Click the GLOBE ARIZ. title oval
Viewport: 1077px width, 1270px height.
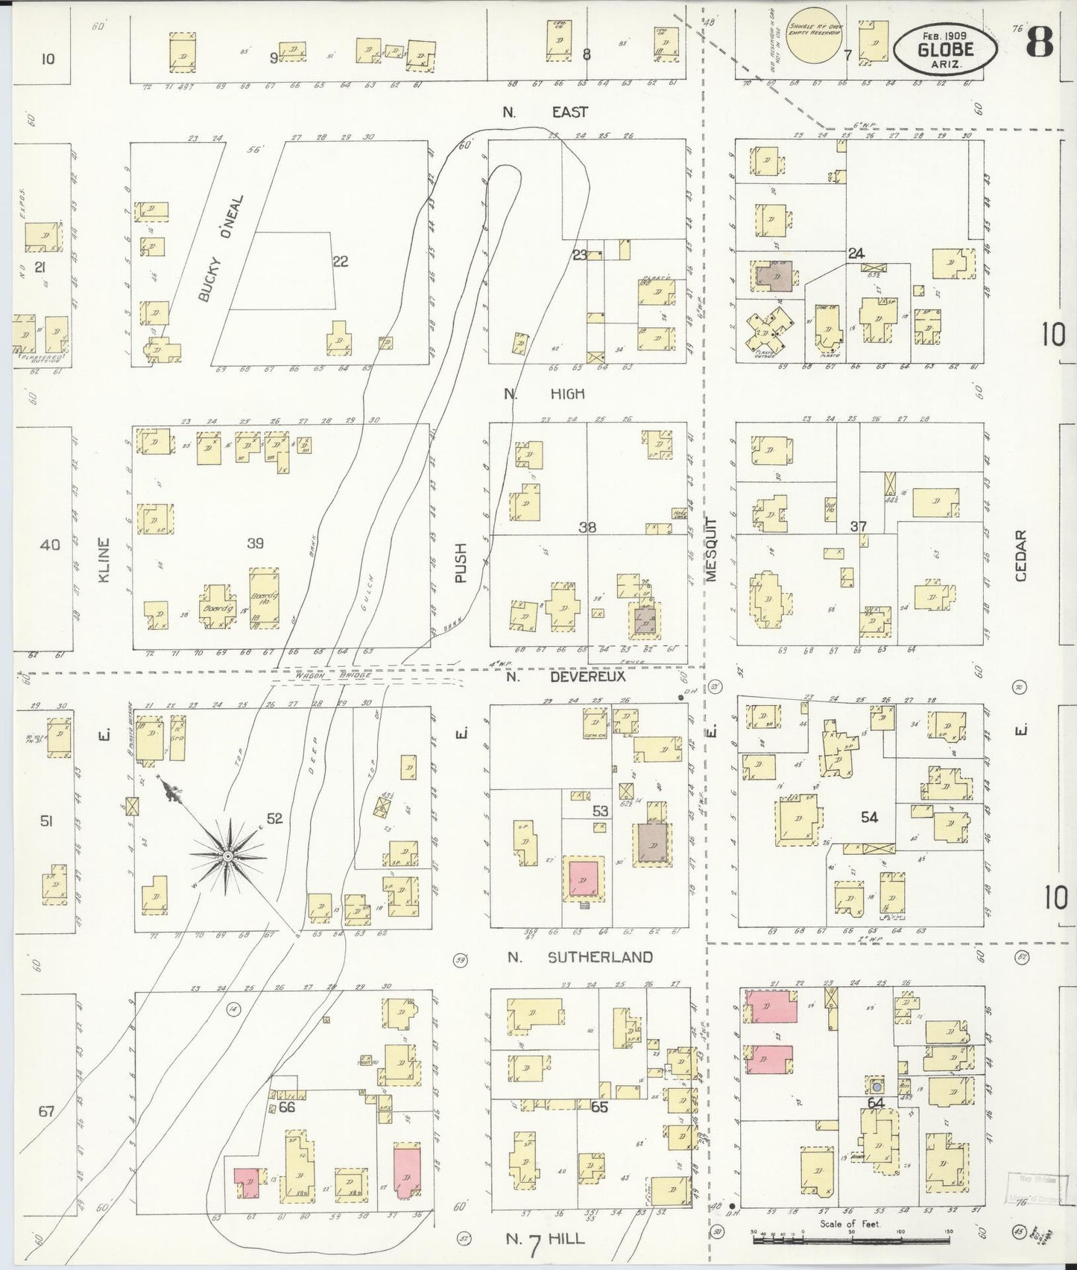(946, 48)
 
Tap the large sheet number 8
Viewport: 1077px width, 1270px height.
(1040, 42)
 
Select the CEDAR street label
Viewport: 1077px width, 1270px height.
(1020, 555)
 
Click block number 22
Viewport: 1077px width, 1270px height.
(340, 261)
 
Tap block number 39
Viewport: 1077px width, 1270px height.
(255, 543)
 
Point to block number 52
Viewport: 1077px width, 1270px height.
(274, 818)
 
